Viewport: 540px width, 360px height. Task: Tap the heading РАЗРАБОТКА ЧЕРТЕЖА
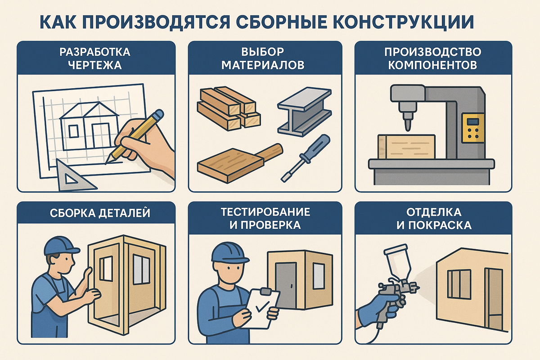pyautogui.click(x=95, y=58)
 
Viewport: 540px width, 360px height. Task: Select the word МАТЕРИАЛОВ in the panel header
pyautogui.click(x=263, y=65)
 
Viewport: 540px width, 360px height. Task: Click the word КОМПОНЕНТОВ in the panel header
pyautogui.click(x=432, y=65)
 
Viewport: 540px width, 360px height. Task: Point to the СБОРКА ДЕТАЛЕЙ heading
pyautogui.click(x=100, y=213)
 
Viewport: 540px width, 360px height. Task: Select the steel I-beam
pyautogui.click(x=304, y=112)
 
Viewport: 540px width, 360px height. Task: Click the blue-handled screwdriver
pyautogui.click(x=306, y=158)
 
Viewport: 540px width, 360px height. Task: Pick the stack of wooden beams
pyautogui.click(x=229, y=108)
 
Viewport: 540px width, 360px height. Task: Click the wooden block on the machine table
pyautogui.click(x=407, y=147)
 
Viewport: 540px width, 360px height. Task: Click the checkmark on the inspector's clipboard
pyautogui.click(x=262, y=307)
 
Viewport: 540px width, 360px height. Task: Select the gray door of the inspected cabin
pyautogui.click(x=286, y=284)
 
